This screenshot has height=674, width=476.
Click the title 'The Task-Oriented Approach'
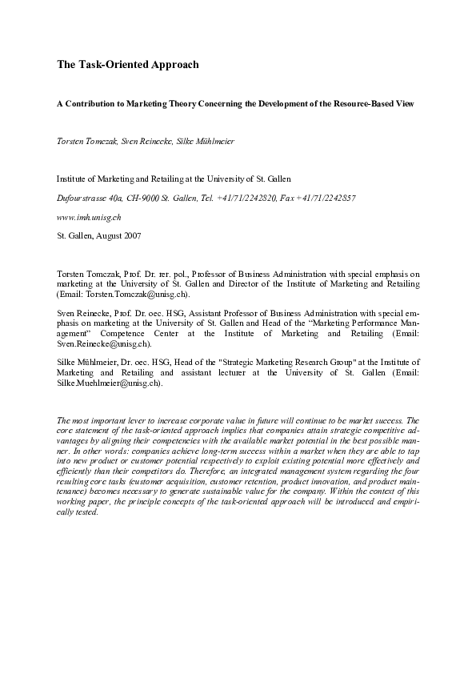[127, 63]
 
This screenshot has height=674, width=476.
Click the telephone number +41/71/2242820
[246, 197]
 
